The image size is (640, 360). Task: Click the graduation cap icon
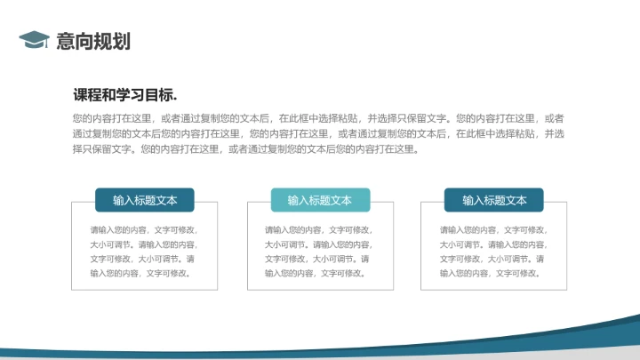pos(34,40)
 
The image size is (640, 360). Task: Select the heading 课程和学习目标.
pos(125,96)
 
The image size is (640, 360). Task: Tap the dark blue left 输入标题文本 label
pos(145,200)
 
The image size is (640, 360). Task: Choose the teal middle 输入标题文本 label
pos(320,200)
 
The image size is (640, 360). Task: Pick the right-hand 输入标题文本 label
pos(494,200)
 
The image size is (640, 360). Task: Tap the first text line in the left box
pos(143,229)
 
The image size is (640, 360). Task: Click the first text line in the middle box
pos(318,229)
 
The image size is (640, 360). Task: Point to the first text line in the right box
pos(493,229)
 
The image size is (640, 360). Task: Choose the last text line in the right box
pos(490,273)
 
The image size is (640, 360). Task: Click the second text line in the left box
pos(143,244)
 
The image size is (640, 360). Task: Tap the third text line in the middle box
pos(318,259)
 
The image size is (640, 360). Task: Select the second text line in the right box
pos(493,244)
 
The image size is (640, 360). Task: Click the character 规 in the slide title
pos(103,41)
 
